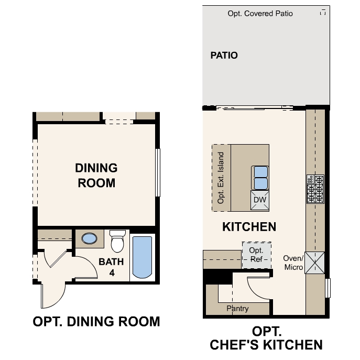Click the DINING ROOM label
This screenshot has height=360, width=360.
96,176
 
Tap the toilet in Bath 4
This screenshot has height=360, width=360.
117,242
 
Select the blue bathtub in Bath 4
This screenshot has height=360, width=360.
142,257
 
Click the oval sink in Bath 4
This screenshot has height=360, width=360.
90,239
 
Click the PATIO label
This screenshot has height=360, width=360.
224,55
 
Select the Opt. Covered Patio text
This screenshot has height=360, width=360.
260,14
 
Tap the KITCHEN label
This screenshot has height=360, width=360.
249,227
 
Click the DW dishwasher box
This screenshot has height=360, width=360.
260,200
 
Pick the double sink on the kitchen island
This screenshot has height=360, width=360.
260,178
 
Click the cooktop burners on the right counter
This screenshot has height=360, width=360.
315,189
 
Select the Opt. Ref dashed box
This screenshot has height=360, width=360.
256,254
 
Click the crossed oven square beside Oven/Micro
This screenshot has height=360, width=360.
315,263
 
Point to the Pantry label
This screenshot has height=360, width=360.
237,309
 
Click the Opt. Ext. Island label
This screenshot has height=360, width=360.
221,178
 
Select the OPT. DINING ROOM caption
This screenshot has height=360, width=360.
96,321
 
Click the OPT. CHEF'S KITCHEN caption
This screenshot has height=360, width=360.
266,338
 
